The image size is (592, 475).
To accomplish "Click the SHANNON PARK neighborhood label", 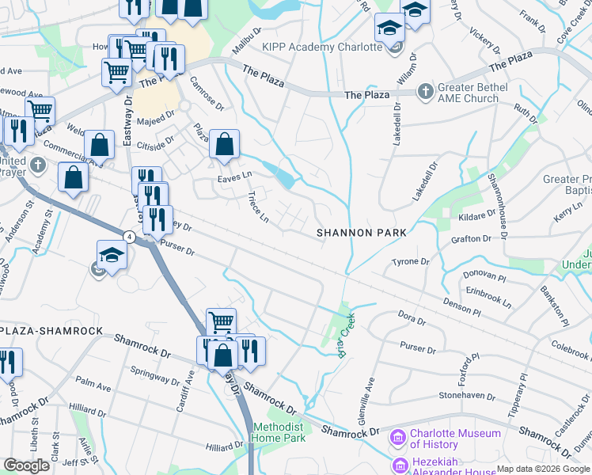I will click(361, 233).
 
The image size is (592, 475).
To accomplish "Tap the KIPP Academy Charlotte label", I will click(322, 47).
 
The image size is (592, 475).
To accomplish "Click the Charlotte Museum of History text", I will click(455, 439).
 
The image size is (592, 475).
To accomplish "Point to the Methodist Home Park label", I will click(279, 432).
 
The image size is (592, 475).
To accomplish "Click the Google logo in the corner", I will click(27, 465).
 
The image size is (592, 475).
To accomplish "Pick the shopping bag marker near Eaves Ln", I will click(225, 145).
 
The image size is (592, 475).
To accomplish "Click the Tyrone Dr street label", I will click(410, 261).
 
